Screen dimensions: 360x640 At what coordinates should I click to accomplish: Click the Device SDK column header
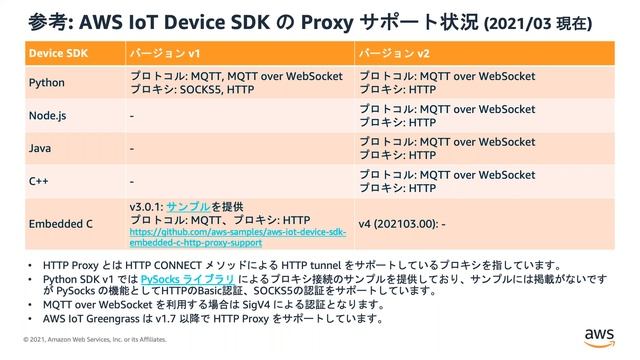click(x=56, y=50)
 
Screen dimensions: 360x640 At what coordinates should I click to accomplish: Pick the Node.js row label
click(x=47, y=116)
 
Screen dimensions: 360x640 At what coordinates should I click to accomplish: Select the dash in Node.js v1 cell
click(x=133, y=116)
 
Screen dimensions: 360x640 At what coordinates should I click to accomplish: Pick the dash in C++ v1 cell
click(x=133, y=182)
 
